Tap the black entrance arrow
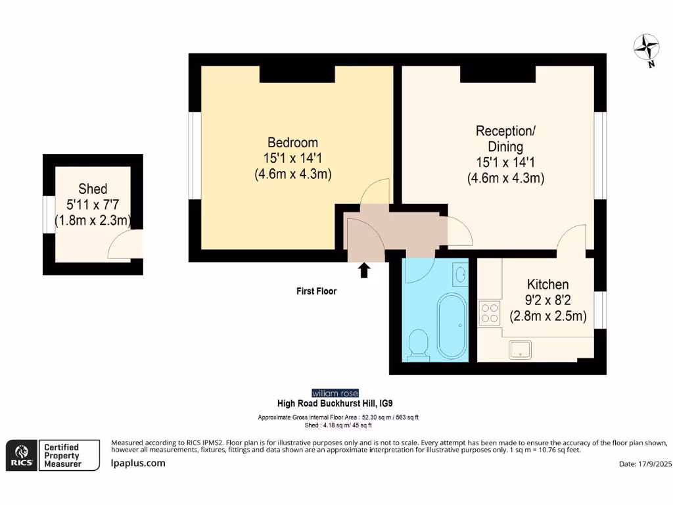363,270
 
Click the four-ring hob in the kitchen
489,313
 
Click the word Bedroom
292,143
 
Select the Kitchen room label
547,285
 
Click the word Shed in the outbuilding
93,189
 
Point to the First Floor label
316,291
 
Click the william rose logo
335,393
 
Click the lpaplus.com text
137,463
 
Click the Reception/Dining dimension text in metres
505,178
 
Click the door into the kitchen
572,237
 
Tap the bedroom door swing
377,192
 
